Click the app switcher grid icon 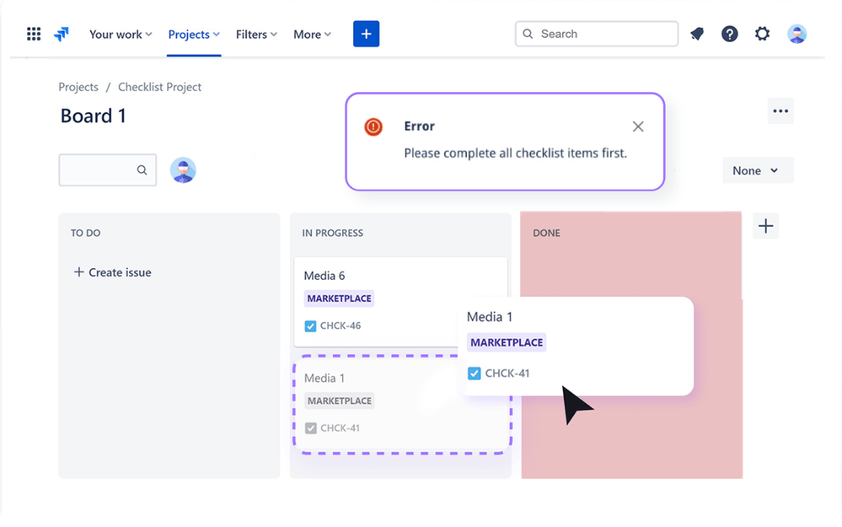(x=34, y=34)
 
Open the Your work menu (x=121, y=35)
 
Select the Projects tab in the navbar (x=194, y=35)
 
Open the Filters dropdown (x=256, y=35)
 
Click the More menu (x=312, y=35)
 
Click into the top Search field (x=597, y=34)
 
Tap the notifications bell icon (x=697, y=34)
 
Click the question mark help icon (x=729, y=34)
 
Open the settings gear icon (x=762, y=34)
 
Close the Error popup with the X (x=638, y=126)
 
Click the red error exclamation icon (x=373, y=126)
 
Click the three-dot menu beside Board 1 (x=780, y=111)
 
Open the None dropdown (x=757, y=170)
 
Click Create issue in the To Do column (x=112, y=272)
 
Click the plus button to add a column (x=766, y=226)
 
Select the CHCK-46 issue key (x=341, y=325)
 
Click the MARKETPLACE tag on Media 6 (x=339, y=298)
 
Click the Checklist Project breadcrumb (x=159, y=87)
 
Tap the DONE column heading (x=546, y=234)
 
